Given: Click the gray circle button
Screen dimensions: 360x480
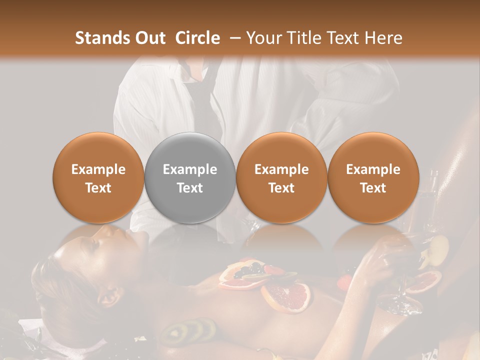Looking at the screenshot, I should click(190, 177).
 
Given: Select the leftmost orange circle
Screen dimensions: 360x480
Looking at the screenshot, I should click(98, 177).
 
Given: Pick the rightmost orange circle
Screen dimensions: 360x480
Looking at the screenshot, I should click(373, 177).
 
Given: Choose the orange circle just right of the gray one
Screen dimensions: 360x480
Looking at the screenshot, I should click(281, 177).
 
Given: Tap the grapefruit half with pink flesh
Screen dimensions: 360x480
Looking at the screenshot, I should click(286, 297).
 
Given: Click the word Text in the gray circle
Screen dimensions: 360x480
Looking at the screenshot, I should click(190, 188).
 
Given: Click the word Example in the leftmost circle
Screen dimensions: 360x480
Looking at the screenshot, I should click(98, 169).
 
